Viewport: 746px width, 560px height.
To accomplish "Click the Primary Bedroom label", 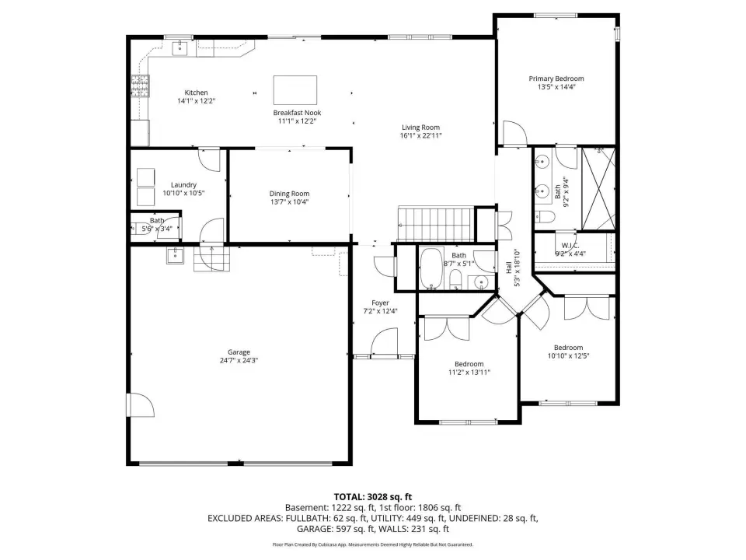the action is pos(556,79).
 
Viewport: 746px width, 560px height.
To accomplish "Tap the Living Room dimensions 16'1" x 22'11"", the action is pos(421,135).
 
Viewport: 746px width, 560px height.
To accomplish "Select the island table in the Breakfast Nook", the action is pos(295,90).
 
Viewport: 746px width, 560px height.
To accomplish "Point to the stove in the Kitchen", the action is pos(140,86).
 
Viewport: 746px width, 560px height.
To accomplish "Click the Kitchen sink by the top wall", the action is pos(180,48).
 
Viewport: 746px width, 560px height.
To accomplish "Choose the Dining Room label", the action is pos(289,194).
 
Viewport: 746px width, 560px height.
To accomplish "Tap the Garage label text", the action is pos(239,352).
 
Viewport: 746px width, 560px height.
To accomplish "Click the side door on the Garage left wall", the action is pos(140,404).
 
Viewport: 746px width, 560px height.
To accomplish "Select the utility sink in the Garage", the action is pos(175,255).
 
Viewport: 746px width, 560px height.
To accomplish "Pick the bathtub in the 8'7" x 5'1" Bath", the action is pos(431,268).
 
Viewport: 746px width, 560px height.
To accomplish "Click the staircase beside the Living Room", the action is pos(436,224).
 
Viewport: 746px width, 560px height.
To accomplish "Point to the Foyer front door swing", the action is pos(383,342).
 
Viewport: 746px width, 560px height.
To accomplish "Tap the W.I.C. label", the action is pos(570,246).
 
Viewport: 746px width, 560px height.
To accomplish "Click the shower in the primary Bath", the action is pos(598,189).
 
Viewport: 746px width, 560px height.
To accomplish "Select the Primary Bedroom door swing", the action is pos(514,133).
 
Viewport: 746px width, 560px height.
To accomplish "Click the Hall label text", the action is pos(508,268).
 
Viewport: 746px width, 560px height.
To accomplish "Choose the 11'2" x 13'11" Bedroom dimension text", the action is pos(469,373).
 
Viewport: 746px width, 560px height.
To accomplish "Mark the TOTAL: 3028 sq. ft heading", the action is pos(372,497).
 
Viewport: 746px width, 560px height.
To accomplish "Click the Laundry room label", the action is pos(183,185).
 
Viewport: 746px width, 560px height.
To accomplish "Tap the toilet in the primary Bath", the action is pos(545,217).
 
